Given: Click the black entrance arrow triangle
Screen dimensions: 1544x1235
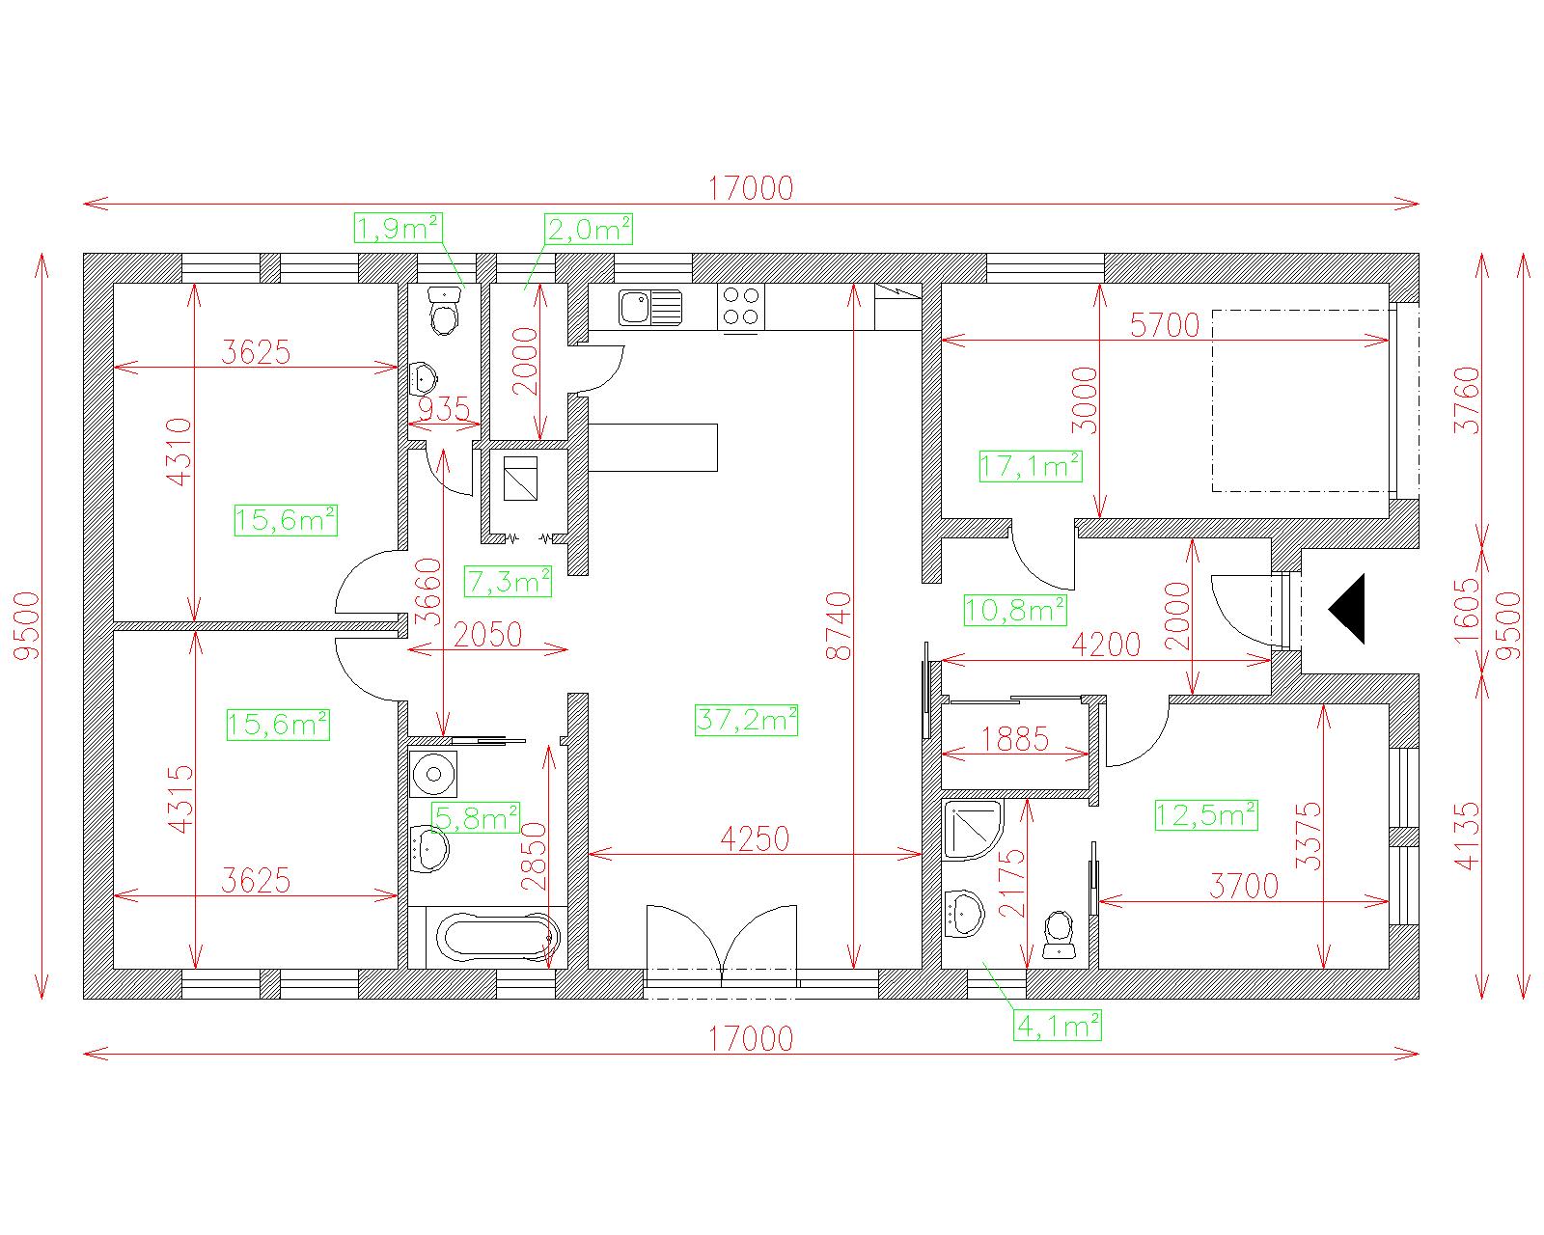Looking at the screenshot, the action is (1349, 609).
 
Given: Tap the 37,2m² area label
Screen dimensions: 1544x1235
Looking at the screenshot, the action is (746, 720).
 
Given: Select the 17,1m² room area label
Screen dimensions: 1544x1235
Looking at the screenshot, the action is (1031, 466).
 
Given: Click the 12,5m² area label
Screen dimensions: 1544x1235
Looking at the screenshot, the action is (1206, 815).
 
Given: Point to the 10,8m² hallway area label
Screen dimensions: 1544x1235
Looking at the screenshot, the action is (1014, 610).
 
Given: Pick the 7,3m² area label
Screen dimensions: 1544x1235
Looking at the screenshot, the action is (508, 581).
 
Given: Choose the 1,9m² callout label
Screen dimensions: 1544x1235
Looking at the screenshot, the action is (399, 229).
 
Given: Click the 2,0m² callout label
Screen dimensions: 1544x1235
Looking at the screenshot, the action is (589, 229).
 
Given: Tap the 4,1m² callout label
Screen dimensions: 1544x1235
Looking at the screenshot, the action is (1058, 1027).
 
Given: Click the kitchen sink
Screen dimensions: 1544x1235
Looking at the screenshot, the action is (650, 307).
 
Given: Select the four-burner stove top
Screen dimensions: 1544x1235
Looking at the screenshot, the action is (741, 307).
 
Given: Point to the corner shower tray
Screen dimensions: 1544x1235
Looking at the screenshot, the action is (973, 831).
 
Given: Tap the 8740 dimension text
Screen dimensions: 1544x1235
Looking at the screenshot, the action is (838, 626).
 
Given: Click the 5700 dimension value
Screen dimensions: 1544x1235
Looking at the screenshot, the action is (1165, 326).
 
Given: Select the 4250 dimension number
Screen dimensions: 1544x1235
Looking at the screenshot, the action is (755, 838).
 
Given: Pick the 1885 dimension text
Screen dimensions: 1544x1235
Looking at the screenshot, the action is (1014, 739).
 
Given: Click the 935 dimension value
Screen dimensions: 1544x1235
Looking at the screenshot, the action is (443, 409).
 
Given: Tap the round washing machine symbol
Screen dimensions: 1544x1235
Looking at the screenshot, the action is (432, 775).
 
